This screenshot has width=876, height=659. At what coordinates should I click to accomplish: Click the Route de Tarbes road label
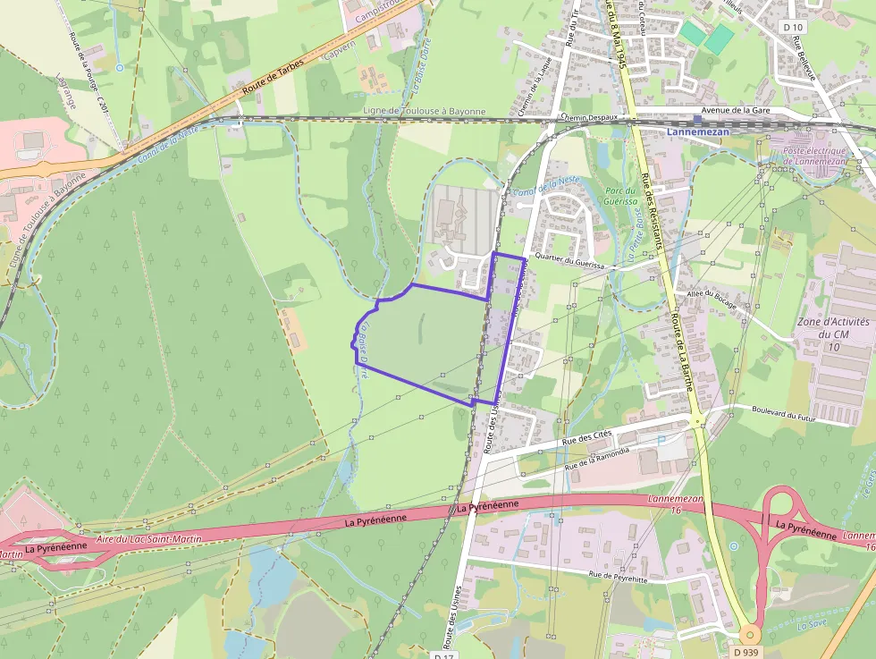point(273,77)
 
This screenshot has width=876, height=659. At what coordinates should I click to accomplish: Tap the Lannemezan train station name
point(698,132)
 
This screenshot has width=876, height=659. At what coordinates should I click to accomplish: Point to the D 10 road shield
point(792,27)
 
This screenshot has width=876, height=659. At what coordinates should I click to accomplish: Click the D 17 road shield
point(444,655)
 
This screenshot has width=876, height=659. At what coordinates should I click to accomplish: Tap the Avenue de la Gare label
point(736,110)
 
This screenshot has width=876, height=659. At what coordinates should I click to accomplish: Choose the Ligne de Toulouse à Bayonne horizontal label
point(425,112)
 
